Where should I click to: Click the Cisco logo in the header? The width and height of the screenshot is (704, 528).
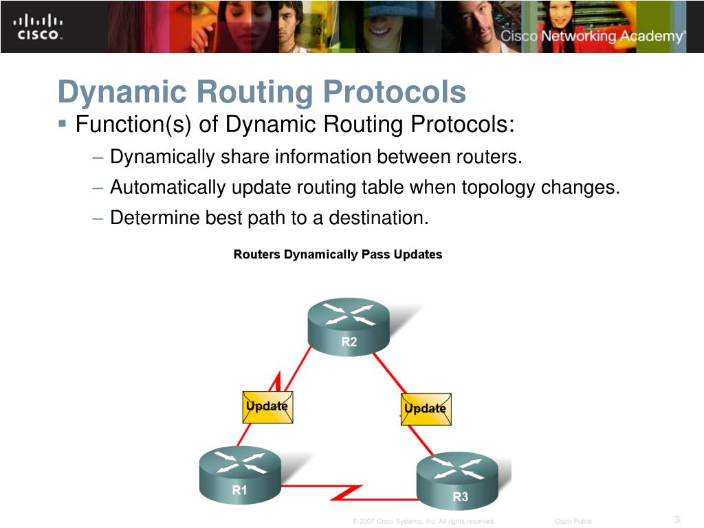coord(38,27)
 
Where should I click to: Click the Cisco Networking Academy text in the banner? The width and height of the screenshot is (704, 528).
coord(592,36)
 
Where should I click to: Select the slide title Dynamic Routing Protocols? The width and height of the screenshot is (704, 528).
coord(261,92)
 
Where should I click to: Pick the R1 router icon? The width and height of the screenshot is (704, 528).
coord(240,474)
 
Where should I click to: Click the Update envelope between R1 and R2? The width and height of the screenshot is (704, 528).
coord(267,406)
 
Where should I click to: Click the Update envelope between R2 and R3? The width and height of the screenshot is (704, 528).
coord(426,408)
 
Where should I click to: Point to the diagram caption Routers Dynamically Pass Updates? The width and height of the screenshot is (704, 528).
coord(338,254)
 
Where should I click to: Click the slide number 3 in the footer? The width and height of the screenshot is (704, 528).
coord(677,519)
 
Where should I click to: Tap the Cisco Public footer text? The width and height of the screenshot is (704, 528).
coord(573,521)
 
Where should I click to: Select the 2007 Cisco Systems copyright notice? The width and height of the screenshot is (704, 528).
coord(423,521)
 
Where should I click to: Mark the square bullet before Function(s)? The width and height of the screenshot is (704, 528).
coord(63,124)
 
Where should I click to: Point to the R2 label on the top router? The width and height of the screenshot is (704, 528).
coord(349,342)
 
